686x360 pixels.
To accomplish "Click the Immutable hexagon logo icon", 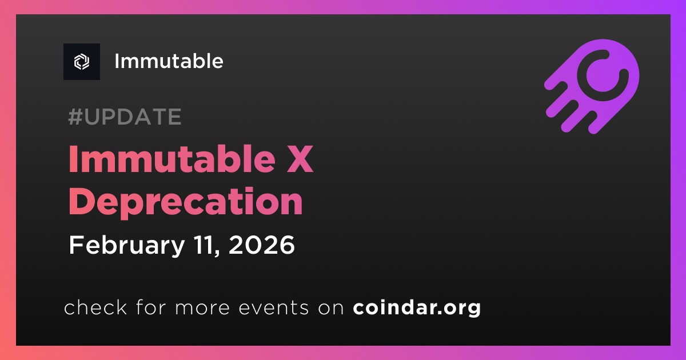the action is tap(82, 62).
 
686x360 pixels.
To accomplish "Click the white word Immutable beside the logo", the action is tap(169, 61).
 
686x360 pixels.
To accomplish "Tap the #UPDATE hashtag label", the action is tap(125, 117).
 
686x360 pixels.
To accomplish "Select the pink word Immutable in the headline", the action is tap(172, 159).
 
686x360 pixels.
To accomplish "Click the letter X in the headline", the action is tap(300, 159).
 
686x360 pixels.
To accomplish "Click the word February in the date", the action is tap(127, 246).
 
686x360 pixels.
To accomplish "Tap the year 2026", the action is tap(262, 245).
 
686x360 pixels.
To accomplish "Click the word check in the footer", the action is tap(95, 307).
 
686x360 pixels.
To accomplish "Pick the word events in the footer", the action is tap(274, 307).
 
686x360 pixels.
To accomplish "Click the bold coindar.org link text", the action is tap(417, 308).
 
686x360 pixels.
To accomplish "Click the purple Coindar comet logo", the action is tap(592, 86).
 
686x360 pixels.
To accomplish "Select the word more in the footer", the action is tap(202, 308).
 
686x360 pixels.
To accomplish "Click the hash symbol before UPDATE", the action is tap(75, 117).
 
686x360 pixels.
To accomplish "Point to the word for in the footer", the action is tap(151, 307).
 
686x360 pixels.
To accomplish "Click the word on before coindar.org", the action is tap(331, 308).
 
